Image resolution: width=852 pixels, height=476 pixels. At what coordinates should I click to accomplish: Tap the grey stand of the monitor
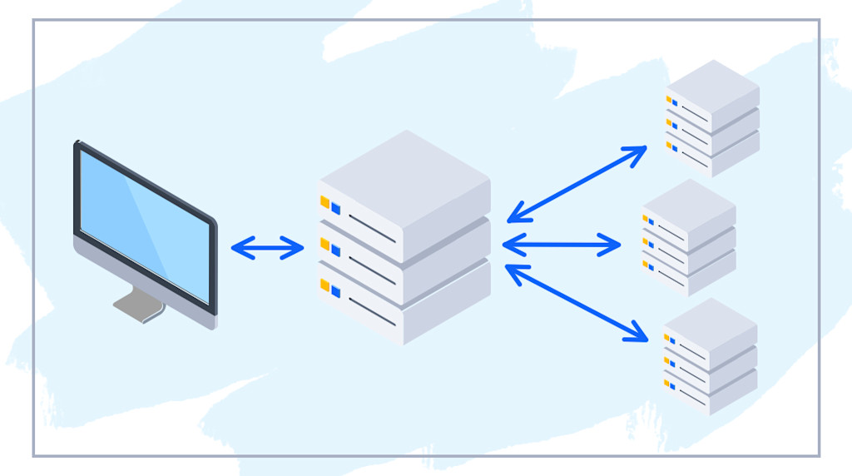point(139,304)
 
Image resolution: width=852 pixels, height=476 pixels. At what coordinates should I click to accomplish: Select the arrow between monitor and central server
point(267,248)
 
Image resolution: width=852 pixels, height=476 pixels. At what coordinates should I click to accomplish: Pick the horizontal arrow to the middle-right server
point(562,245)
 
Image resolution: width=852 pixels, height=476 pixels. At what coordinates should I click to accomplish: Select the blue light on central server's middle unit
point(336,249)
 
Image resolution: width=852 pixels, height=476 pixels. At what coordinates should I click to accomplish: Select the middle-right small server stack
point(689,237)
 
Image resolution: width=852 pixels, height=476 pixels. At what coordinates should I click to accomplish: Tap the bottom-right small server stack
point(710,356)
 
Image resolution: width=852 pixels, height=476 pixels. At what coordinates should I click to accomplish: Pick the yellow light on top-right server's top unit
point(668,100)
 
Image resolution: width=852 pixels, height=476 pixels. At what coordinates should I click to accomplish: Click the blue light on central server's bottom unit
point(336,290)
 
